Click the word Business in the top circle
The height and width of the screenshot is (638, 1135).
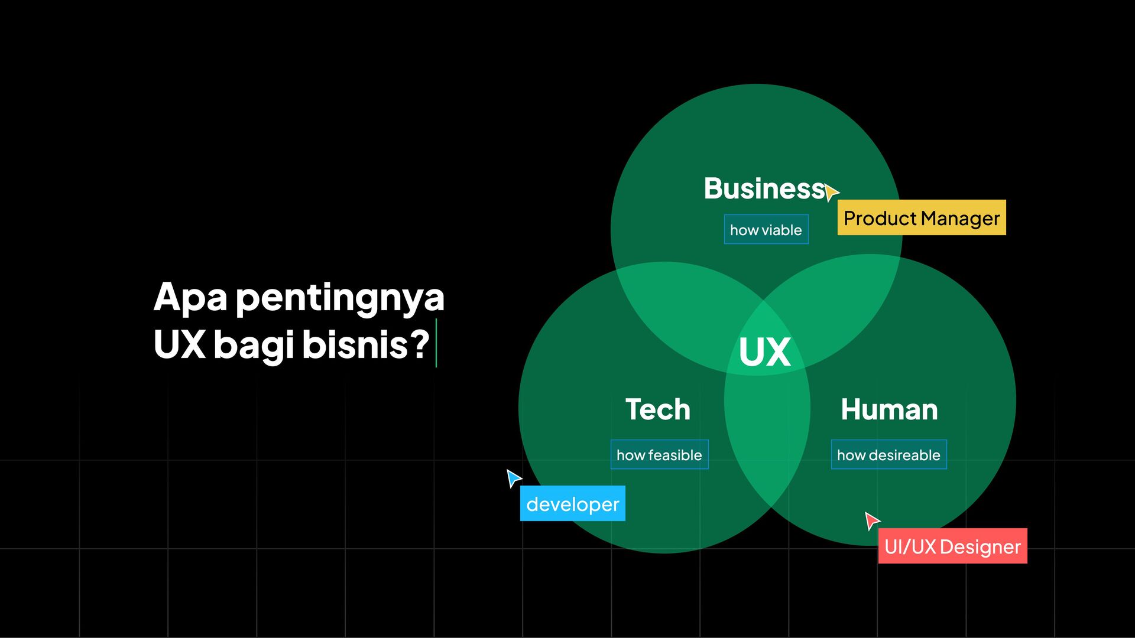click(764, 189)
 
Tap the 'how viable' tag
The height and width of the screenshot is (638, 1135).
click(766, 230)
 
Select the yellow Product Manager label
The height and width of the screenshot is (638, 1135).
click(922, 218)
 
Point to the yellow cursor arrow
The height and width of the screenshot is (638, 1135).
click(831, 192)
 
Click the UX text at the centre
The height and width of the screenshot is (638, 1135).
click(765, 353)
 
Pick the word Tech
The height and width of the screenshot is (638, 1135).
click(658, 409)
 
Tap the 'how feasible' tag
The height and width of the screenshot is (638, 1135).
click(659, 455)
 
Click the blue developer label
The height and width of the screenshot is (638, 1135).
click(572, 504)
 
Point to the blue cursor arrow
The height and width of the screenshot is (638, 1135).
click(513, 477)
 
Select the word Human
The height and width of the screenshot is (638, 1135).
click(889, 409)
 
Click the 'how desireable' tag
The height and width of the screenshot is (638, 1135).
click(888, 455)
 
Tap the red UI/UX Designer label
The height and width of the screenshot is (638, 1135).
click(952, 546)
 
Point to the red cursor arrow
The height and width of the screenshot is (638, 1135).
click(871, 520)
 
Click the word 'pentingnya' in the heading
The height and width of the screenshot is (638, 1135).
click(340, 298)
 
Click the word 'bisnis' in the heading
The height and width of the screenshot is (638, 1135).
click(355, 344)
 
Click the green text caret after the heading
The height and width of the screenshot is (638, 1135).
click(436, 343)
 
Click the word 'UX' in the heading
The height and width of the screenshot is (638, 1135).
click(180, 344)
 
